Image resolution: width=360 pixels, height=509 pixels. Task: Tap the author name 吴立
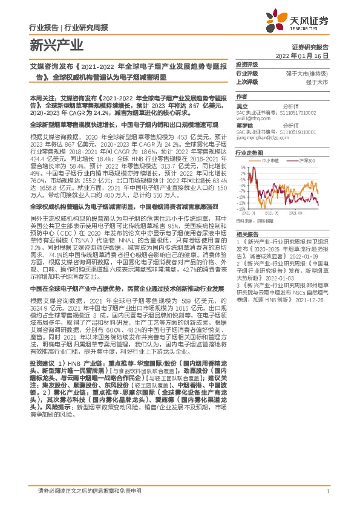(x=241, y=106)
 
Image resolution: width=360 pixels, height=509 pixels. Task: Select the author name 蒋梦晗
(x=243, y=126)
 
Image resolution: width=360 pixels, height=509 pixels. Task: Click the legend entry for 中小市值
(x=269, y=161)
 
